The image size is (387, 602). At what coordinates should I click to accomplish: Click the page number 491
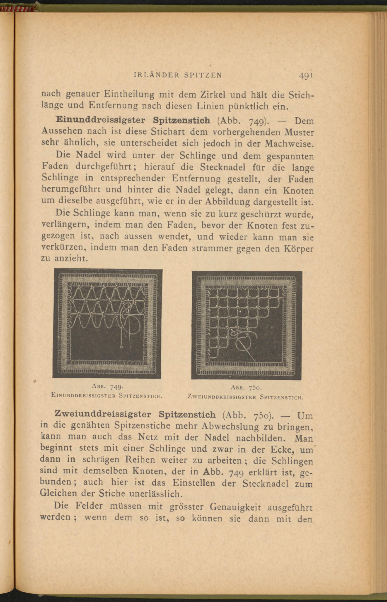(x=306, y=76)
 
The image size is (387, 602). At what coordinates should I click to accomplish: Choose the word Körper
(x=299, y=249)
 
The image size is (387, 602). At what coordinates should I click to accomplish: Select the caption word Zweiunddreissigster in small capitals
(x=222, y=398)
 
